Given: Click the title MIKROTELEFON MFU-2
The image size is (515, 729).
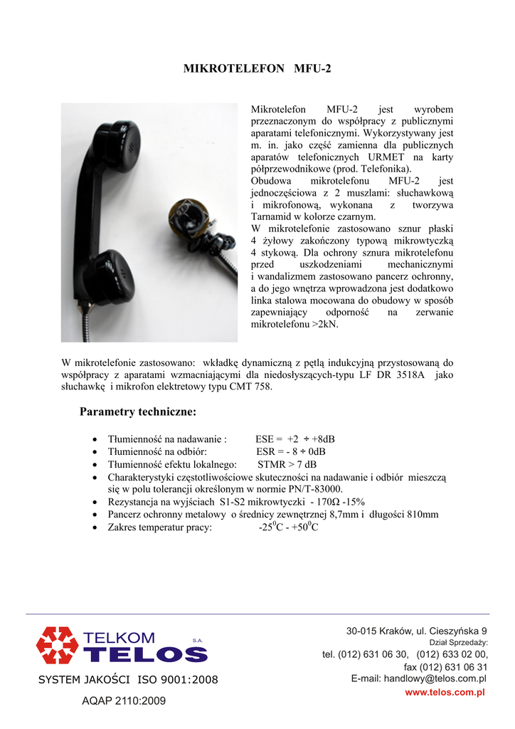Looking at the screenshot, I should click(x=257, y=69).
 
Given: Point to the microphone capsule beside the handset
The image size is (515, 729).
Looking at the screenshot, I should click(x=188, y=217).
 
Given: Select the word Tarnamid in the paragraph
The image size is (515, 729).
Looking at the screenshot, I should click(x=272, y=216).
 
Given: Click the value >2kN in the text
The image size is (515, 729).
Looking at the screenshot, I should click(x=325, y=324).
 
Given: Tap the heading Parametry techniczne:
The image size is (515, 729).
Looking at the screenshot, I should click(x=138, y=412).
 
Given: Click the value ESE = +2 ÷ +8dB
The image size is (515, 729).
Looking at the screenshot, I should click(x=295, y=439).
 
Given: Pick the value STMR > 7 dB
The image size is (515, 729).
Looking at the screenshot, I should click(x=287, y=464).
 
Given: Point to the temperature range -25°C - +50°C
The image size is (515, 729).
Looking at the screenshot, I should click(x=288, y=528).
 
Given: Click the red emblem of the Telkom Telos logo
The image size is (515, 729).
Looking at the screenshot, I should click(x=58, y=645).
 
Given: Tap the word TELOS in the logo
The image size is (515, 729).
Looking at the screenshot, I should click(x=146, y=654).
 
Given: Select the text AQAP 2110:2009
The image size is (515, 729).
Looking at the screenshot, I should click(x=124, y=701).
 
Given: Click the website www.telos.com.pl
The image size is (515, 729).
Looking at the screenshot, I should click(x=445, y=693).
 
